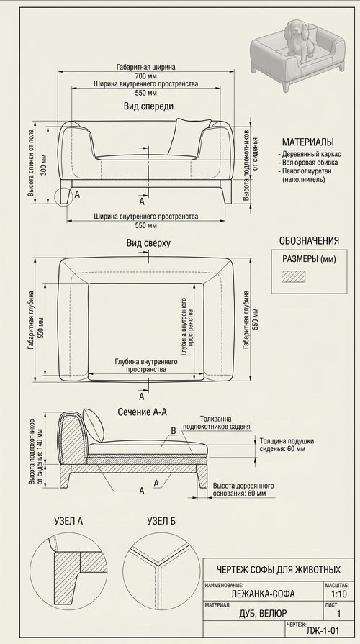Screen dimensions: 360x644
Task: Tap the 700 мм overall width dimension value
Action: click(x=145, y=76)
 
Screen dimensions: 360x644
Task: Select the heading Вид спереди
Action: click(x=148, y=106)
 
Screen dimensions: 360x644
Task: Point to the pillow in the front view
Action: click(x=187, y=137)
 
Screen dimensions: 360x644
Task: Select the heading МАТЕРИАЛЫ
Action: click(x=308, y=142)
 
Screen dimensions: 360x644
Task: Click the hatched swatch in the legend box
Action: click(x=293, y=276)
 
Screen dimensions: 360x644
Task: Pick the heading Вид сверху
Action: click(x=148, y=243)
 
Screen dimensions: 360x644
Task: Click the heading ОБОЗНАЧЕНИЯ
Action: click(x=309, y=241)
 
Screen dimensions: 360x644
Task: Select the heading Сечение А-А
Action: click(x=142, y=412)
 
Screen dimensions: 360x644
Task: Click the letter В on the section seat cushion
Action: click(x=173, y=431)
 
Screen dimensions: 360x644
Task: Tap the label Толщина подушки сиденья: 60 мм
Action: click(x=287, y=445)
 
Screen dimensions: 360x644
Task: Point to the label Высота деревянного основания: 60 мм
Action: click(x=243, y=489)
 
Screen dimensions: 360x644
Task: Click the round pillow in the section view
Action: click(x=94, y=425)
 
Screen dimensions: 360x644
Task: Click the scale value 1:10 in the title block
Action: click(x=339, y=594)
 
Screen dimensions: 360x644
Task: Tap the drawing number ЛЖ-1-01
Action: click(x=323, y=631)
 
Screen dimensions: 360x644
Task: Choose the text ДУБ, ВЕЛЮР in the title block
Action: click(x=263, y=614)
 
